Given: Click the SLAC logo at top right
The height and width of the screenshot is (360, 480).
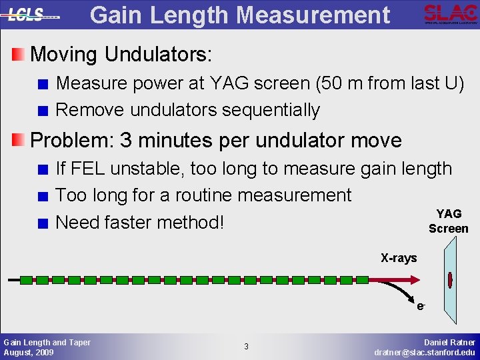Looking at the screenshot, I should (450, 14).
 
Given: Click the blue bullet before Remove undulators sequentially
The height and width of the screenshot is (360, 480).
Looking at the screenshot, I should (43, 111).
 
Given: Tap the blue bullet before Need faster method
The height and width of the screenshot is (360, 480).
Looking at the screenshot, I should (43, 223).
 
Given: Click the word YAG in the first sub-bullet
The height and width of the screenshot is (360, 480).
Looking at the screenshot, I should (230, 83).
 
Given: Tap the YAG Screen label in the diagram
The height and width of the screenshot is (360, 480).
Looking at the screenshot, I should (449, 221).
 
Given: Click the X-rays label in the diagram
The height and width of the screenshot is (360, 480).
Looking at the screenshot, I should (399, 257).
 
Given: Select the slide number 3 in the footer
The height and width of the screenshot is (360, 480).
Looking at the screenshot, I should (246, 346).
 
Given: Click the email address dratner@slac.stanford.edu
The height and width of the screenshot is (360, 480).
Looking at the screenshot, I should (425, 351).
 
